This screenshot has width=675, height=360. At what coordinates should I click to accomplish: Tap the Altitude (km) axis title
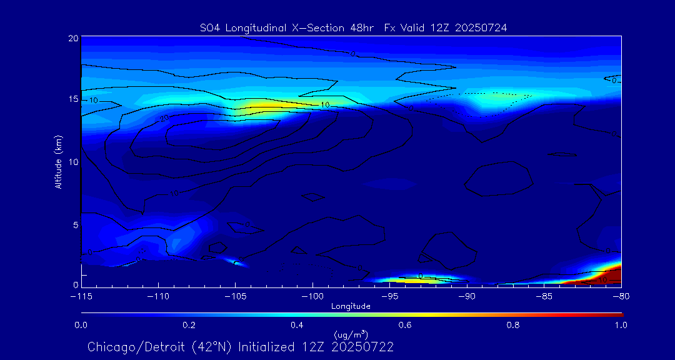click(x=59, y=161)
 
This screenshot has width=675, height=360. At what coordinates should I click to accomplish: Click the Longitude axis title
click(x=351, y=306)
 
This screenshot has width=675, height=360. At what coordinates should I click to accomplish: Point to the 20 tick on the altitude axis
click(x=72, y=38)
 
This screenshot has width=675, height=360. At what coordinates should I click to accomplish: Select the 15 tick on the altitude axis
click(x=72, y=99)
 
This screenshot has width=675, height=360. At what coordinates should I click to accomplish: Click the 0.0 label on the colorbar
click(x=81, y=325)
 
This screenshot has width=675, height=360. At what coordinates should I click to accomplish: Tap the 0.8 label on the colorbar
click(x=513, y=325)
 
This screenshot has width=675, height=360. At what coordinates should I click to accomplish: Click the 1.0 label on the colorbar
click(x=621, y=325)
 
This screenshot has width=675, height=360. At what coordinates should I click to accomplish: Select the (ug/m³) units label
click(x=351, y=335)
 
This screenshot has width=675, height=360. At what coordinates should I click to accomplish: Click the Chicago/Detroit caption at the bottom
click(x=241, y=347)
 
